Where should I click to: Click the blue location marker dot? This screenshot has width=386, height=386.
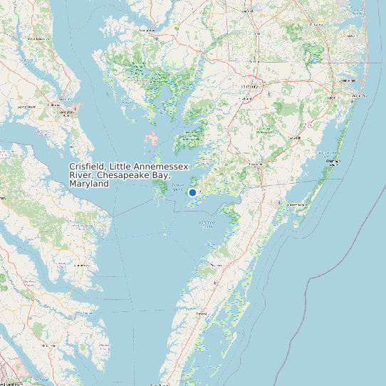point(192,192)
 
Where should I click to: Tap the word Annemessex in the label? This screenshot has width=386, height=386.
point(163,166)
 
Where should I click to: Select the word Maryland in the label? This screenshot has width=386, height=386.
point(89,184)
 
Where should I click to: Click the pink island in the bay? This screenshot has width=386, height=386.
point(152,137)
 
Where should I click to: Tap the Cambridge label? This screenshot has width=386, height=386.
point(147,31)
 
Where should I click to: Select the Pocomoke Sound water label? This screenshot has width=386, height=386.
point(207,223)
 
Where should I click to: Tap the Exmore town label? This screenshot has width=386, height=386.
point(202,313)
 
